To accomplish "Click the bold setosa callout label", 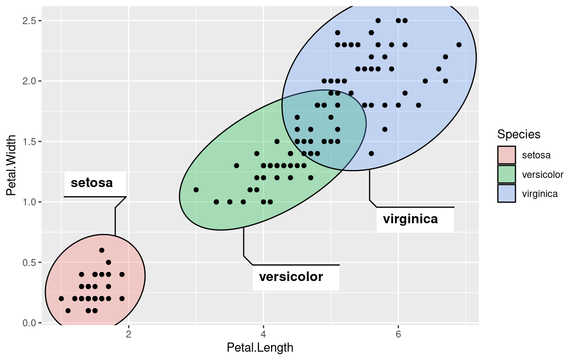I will point(92,183).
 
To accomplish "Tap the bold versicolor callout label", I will point(291,277).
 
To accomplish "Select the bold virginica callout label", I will point(410,219).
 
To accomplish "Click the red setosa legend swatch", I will point(506,155).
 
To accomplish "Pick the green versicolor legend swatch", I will point(506,174).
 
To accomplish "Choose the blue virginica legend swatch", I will point(506,193).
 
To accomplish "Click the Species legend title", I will point(519,134).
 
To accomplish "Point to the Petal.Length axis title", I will point(260,348).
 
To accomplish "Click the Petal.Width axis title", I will point(11,165).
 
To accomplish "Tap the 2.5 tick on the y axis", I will point(30,21).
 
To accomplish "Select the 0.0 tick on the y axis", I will point(30,323).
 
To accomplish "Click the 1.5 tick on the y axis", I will point(30,142).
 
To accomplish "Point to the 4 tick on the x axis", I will point(263,334).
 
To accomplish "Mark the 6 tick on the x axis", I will point(398,334).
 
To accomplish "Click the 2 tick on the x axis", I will point(128,334).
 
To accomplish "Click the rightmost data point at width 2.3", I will point(459,45).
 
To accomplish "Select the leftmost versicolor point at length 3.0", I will point(196,190).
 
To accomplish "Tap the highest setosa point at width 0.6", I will point(102,250).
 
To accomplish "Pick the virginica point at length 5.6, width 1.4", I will point(371,154).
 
